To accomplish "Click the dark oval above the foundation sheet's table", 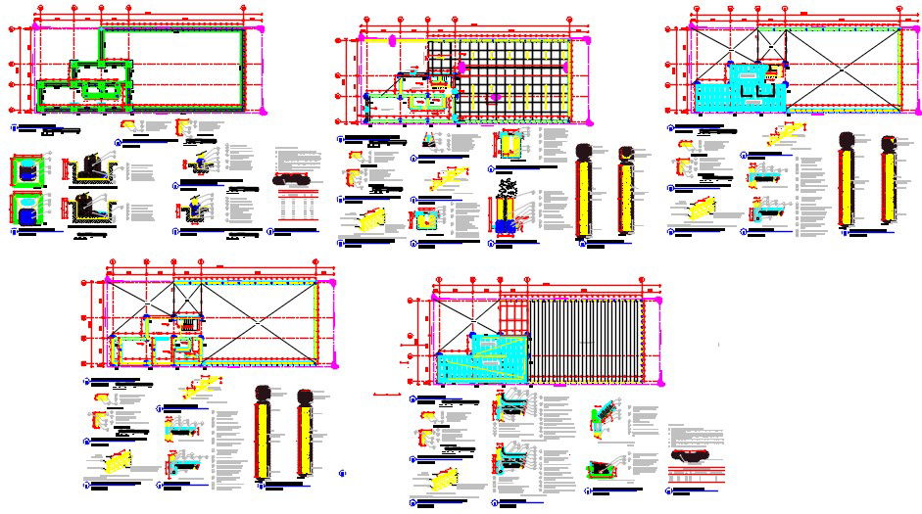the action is [292, 180].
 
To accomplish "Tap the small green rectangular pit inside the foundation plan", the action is [96, 89].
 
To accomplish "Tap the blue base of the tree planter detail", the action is [507, 226].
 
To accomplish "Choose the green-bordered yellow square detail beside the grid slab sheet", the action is [510, 145].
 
